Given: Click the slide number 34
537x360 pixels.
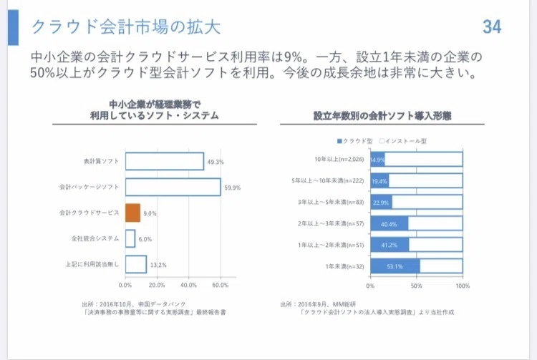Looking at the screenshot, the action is pyautogui.click(x=492, y=26).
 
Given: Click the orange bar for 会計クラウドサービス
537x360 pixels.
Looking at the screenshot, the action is pyautogui.click(x=133, y=213).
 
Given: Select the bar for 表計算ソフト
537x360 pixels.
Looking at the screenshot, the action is pyautogui.click(x=165, y=161).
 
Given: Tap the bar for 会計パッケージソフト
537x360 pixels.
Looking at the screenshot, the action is pyautogui.click(x=173, y=188).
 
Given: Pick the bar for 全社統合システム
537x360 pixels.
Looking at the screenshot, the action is pyautogui.click(x=130, y=238).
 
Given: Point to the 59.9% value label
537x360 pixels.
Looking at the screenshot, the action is pyautogui.click(x=233, y=188).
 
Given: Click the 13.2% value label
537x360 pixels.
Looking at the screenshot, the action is pyautogui.click(x=158, y=265).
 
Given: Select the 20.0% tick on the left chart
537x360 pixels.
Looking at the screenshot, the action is pyautogui.click(x=157, y=285).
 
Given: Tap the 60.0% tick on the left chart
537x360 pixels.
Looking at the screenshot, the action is pyautogui.click(x=221, y=285).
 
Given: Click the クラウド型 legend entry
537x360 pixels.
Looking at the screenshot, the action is pyautogui.click(x=355, y=141).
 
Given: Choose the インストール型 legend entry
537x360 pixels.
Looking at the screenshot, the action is pyautogui.click(x=403, y=141).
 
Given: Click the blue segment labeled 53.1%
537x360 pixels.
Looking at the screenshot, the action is pyautogui.click(x=395, y=266).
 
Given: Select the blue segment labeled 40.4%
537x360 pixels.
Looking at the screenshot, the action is pyautogui.click(x=390, y=224).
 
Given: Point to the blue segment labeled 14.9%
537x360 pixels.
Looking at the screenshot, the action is pyautogui.click(x=377, y=160).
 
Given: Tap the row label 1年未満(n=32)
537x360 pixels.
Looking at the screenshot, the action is pyautogui.click(x=344, y=266).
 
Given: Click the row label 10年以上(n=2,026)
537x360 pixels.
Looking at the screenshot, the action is pyautogui.click(x=339, y=159).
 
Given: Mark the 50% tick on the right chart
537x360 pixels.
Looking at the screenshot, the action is pyautogui.click(x=417, y=286).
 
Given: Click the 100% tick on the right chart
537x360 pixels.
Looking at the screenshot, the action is pyautogui.click(x=463, y=286).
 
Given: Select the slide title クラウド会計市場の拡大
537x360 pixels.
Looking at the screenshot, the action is pyautogui.click(x=126, y=26).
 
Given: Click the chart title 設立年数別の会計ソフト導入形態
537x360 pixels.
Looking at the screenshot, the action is pyautogui.click(x=382, y=116).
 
